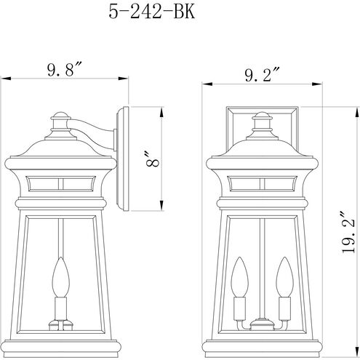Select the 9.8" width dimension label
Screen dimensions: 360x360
[64, 70]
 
